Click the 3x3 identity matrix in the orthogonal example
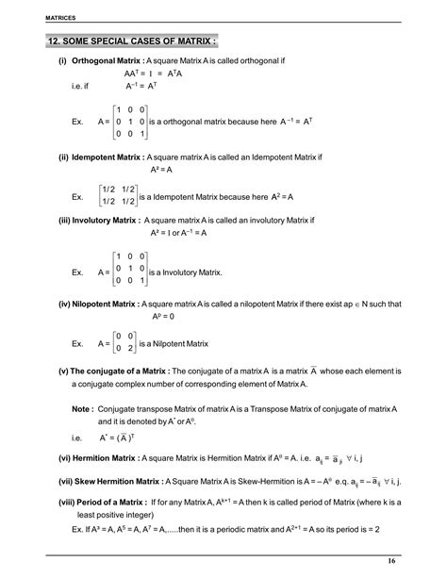coord(128,122)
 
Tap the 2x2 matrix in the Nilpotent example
coord(124,342)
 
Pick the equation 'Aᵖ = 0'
coord(163,317)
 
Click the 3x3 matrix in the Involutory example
coord(128,268)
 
